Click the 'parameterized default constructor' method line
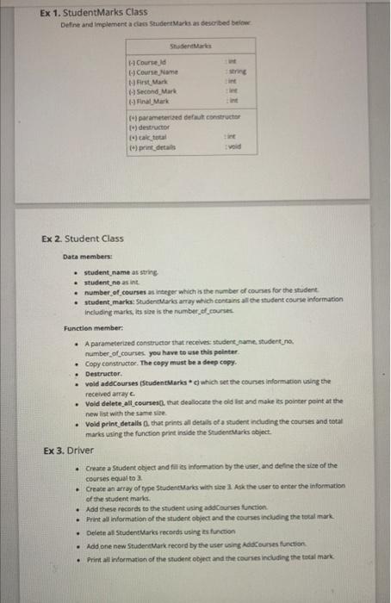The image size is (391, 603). (189, 114)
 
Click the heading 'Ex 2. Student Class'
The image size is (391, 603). (83, 239)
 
